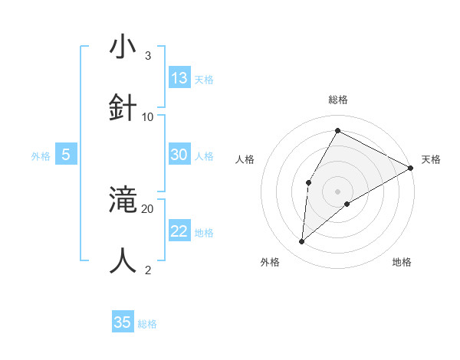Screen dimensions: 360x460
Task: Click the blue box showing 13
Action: coord(179,77)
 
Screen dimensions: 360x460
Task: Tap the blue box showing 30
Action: coord(179,155)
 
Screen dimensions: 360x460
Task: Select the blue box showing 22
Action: coord(179,231)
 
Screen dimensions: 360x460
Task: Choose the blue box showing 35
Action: coord(123,322)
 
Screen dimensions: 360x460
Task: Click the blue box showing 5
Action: coord(66,155)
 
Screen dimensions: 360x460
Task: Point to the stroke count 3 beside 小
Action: coord(147,56)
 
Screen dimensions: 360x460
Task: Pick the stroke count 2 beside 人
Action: coord(147,270)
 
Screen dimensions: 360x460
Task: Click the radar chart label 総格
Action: coord(337,100)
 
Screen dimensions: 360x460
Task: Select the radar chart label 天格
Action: coord(431,159)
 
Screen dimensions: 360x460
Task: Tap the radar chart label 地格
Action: coord(402,262)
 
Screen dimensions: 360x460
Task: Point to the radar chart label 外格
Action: coord(270,262)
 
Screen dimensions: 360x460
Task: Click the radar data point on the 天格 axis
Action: coord(411,169)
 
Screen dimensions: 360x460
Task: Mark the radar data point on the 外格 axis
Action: coord(302,242)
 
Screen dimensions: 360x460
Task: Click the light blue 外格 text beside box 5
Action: coord(41,155)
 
